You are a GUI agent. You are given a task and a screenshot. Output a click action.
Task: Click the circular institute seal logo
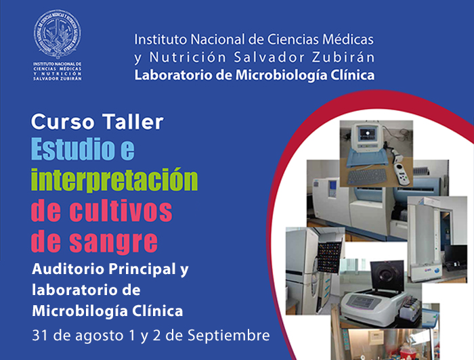(58, 33)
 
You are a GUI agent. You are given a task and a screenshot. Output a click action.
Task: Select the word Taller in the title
(133, 122)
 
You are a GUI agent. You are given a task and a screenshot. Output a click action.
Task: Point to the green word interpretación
(114, 179)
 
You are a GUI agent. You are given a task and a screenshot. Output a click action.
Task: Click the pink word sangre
(114, 242)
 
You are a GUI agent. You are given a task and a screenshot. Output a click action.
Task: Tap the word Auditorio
(68, 269)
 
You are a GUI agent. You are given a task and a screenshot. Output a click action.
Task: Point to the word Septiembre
(229, 336)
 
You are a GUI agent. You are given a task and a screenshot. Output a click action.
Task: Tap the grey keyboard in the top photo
(367, 177)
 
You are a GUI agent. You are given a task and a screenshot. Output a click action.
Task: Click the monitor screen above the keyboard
(367, 133)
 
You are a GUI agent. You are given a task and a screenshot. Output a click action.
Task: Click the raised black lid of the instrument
(387, 275)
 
